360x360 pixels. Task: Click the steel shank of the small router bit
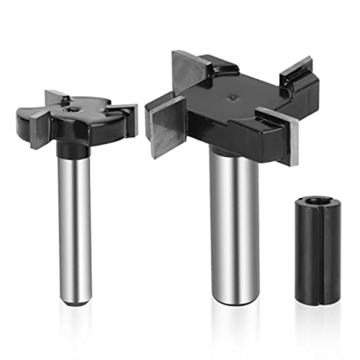pos(75,216)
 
